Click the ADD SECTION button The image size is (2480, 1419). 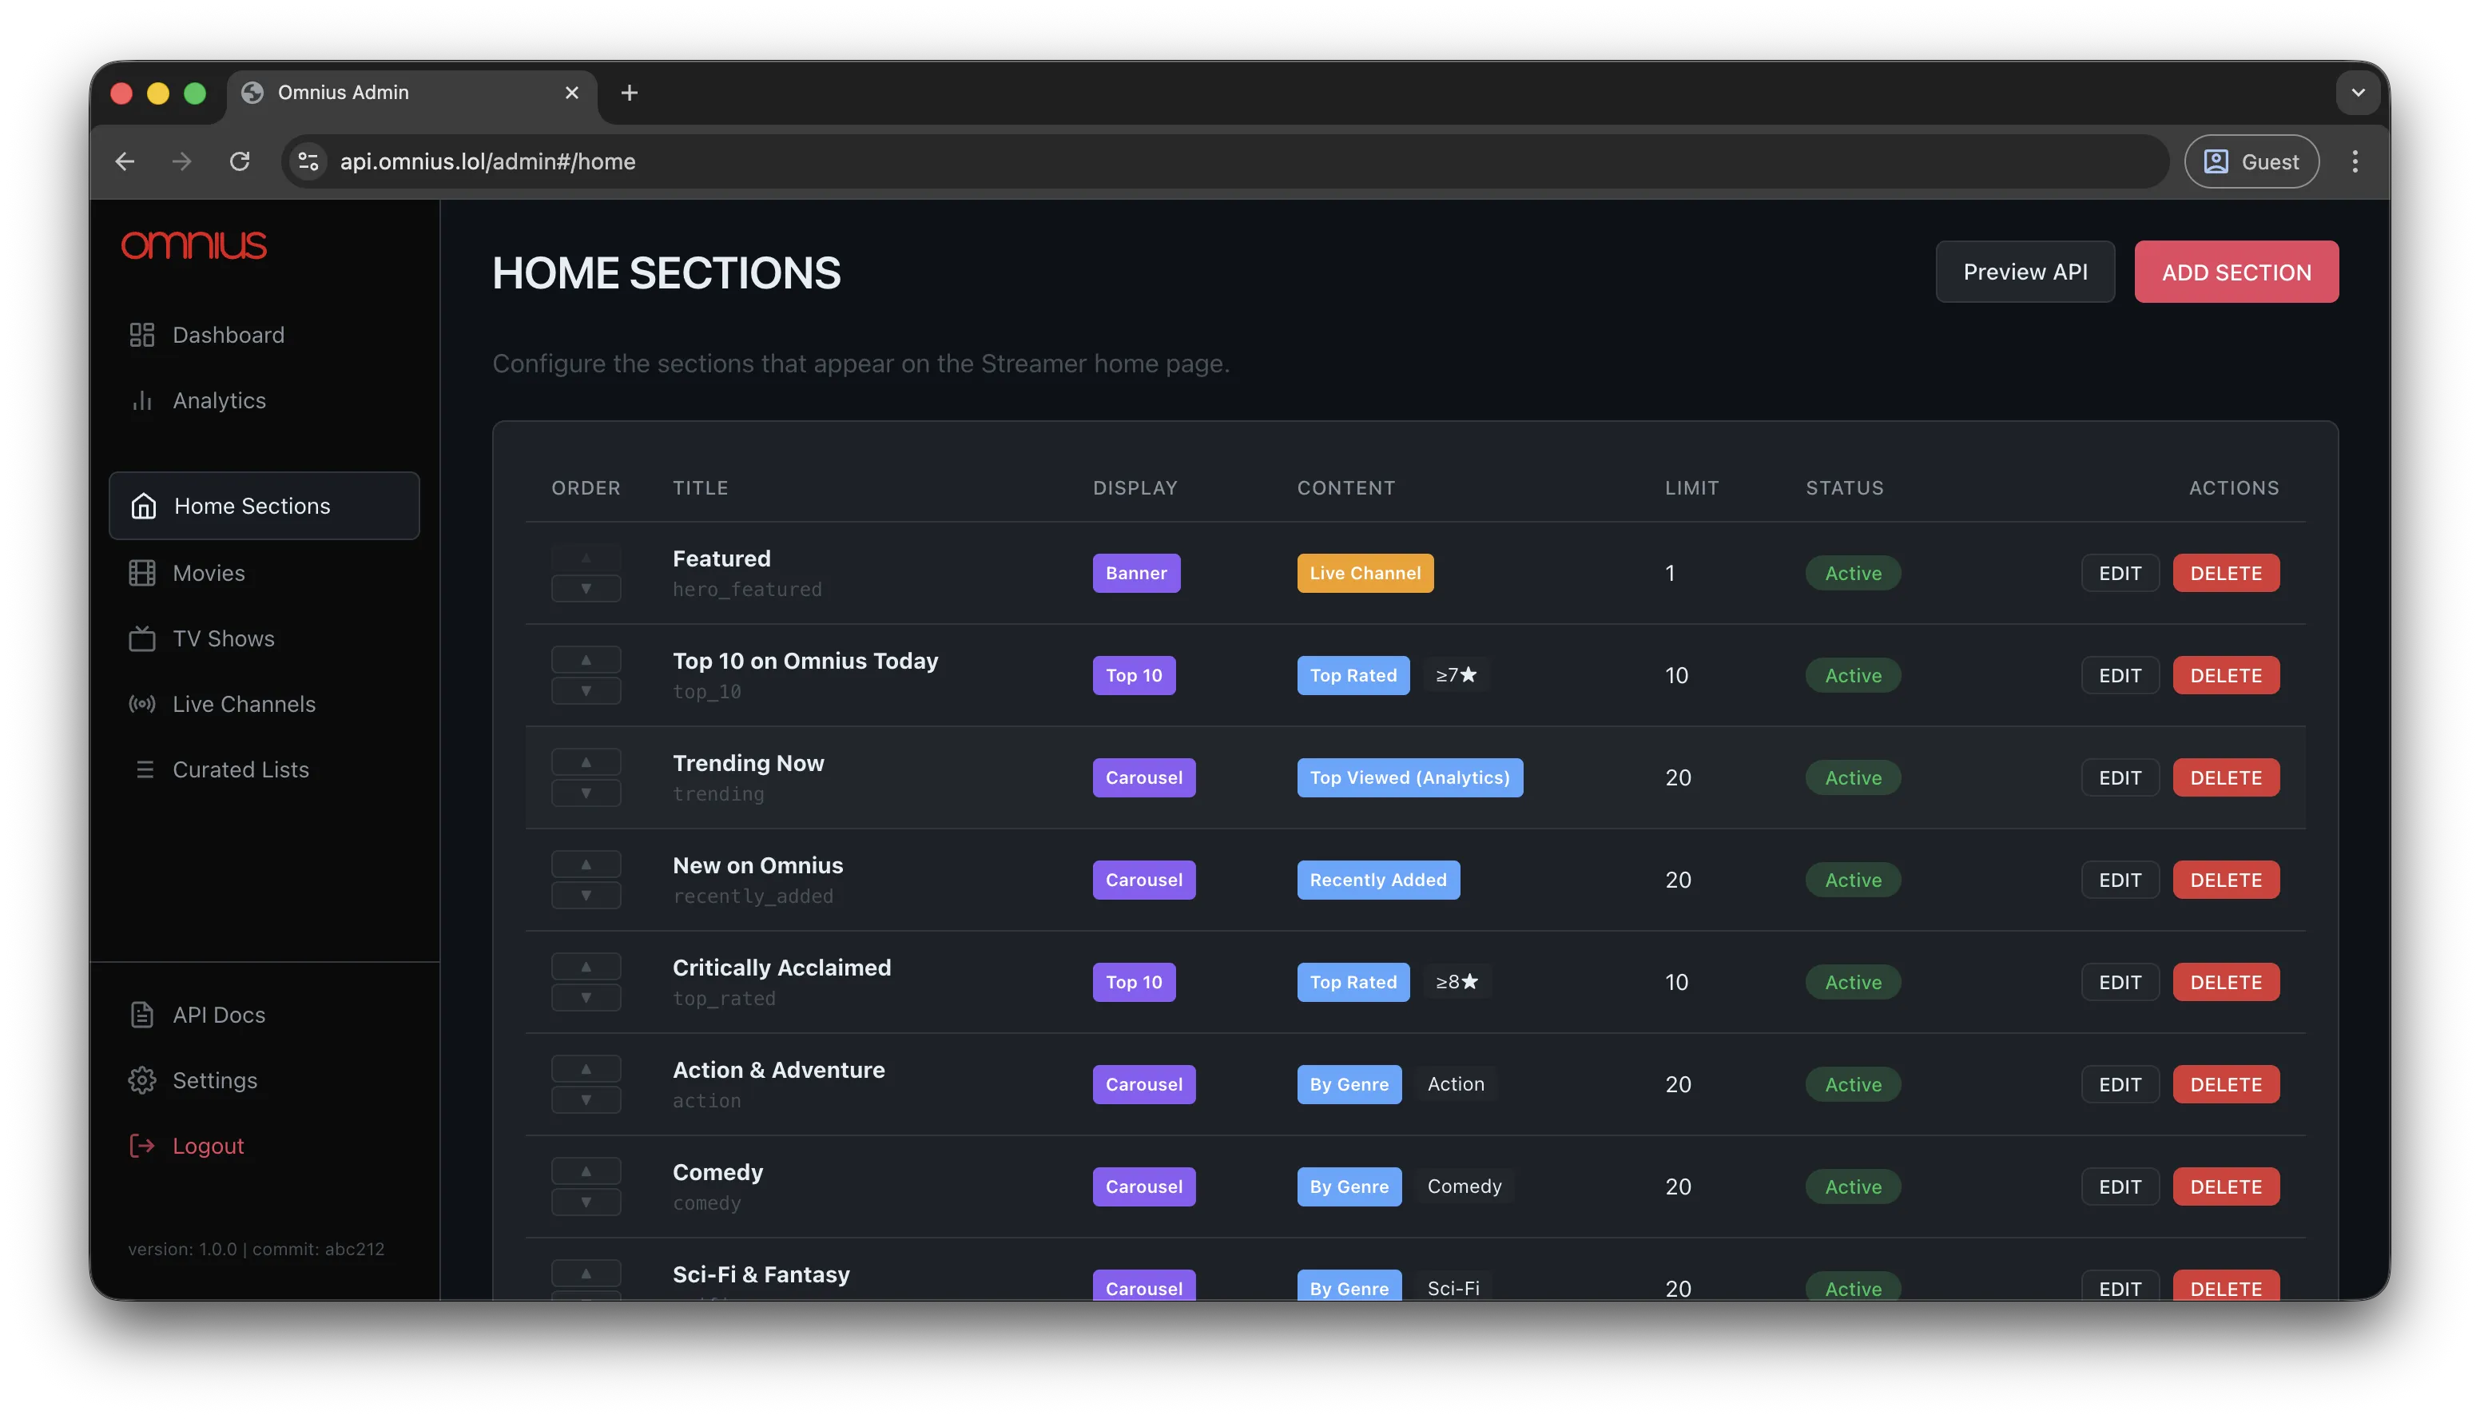coord(2236,272)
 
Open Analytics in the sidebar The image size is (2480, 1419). coord(218,400)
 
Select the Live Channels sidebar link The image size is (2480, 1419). coord(243,704)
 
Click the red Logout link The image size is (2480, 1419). coord(207,1145)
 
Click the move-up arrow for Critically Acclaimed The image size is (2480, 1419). coord(586,967)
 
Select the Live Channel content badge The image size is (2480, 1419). coord(1365,573)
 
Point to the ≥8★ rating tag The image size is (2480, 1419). coord(1456,981)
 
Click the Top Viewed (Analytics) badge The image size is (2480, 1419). coord(1409,777)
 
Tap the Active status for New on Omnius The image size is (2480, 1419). coord(1853,880)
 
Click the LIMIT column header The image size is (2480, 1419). coord(1691,487)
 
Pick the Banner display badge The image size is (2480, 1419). coord(1135,573)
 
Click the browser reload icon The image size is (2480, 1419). coord(240,161)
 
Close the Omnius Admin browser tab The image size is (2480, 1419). coord(572,93)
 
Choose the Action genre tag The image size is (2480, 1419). coord(1455,1083)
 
